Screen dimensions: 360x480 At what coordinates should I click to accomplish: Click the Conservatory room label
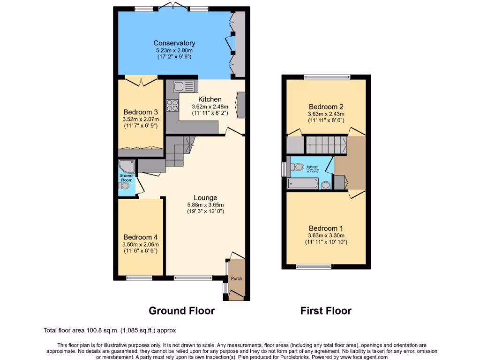[174, 43]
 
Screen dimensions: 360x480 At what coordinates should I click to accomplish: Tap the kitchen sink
[184, 86]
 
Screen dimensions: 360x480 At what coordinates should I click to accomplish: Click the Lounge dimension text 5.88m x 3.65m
[205, 205]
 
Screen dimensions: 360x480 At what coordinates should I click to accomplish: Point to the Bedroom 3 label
[140, 112]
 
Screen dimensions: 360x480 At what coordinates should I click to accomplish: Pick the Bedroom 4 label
[140, 237]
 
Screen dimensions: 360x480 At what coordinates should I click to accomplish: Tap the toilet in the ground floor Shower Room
[125, 187]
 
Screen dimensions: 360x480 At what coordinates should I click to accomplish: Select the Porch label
[236, 278]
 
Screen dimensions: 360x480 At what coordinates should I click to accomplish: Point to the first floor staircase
[326, 145]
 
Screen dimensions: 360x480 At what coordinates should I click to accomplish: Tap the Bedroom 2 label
[326, 106]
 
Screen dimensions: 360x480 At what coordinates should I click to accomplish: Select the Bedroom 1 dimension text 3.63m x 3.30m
[326, 235]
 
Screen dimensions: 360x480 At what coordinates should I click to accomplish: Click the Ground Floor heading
[181, 311]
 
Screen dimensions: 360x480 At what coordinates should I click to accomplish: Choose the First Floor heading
[326, 311]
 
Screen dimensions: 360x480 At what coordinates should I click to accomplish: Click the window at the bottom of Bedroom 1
[314, 267]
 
